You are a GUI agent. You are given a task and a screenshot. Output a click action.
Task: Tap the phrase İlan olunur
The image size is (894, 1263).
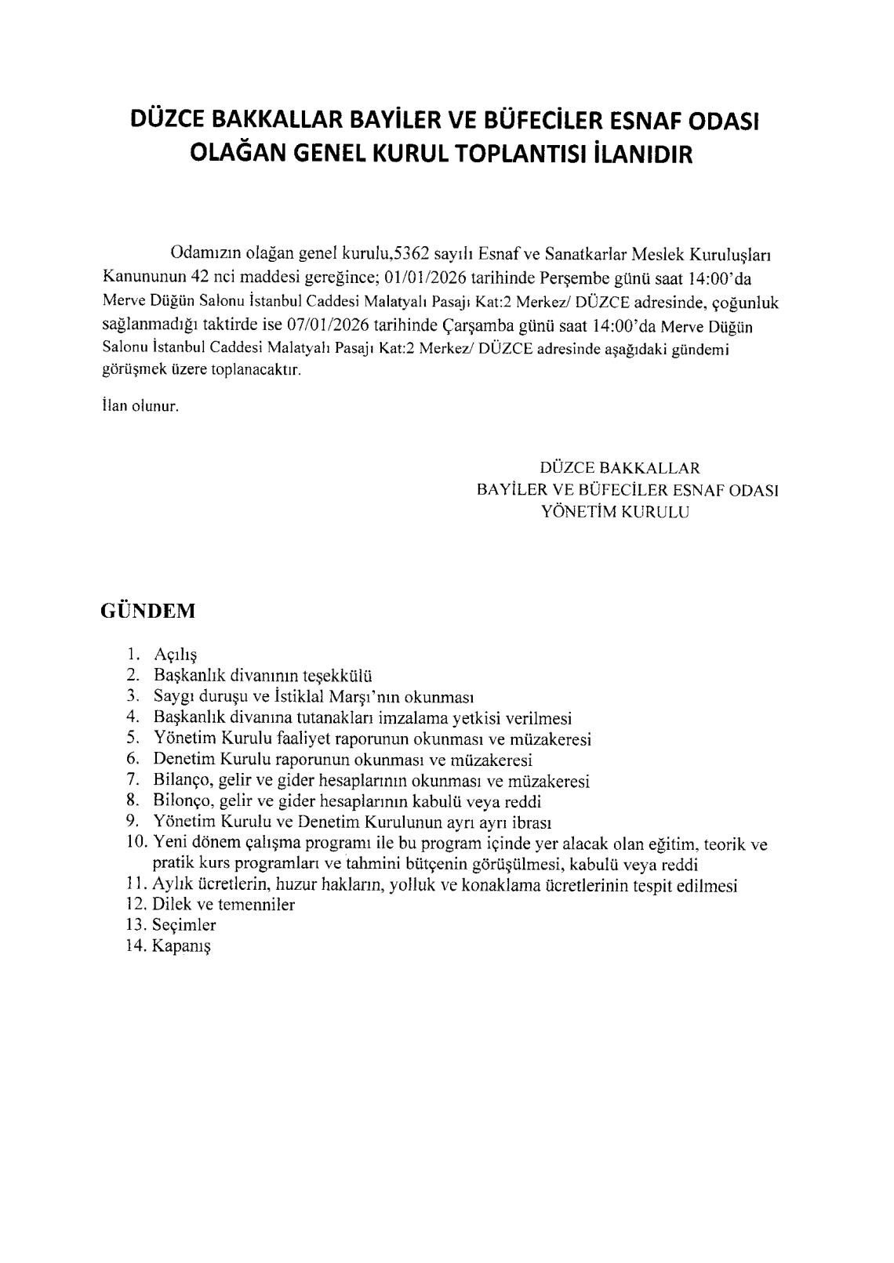point(140,407)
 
